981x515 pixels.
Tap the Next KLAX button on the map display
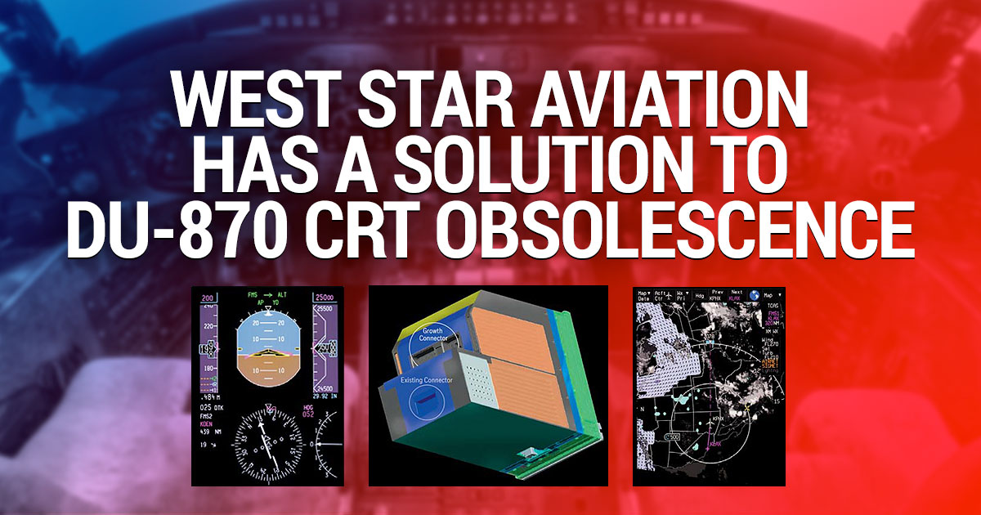click(736, 296)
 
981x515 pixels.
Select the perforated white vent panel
click(478, 392)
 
